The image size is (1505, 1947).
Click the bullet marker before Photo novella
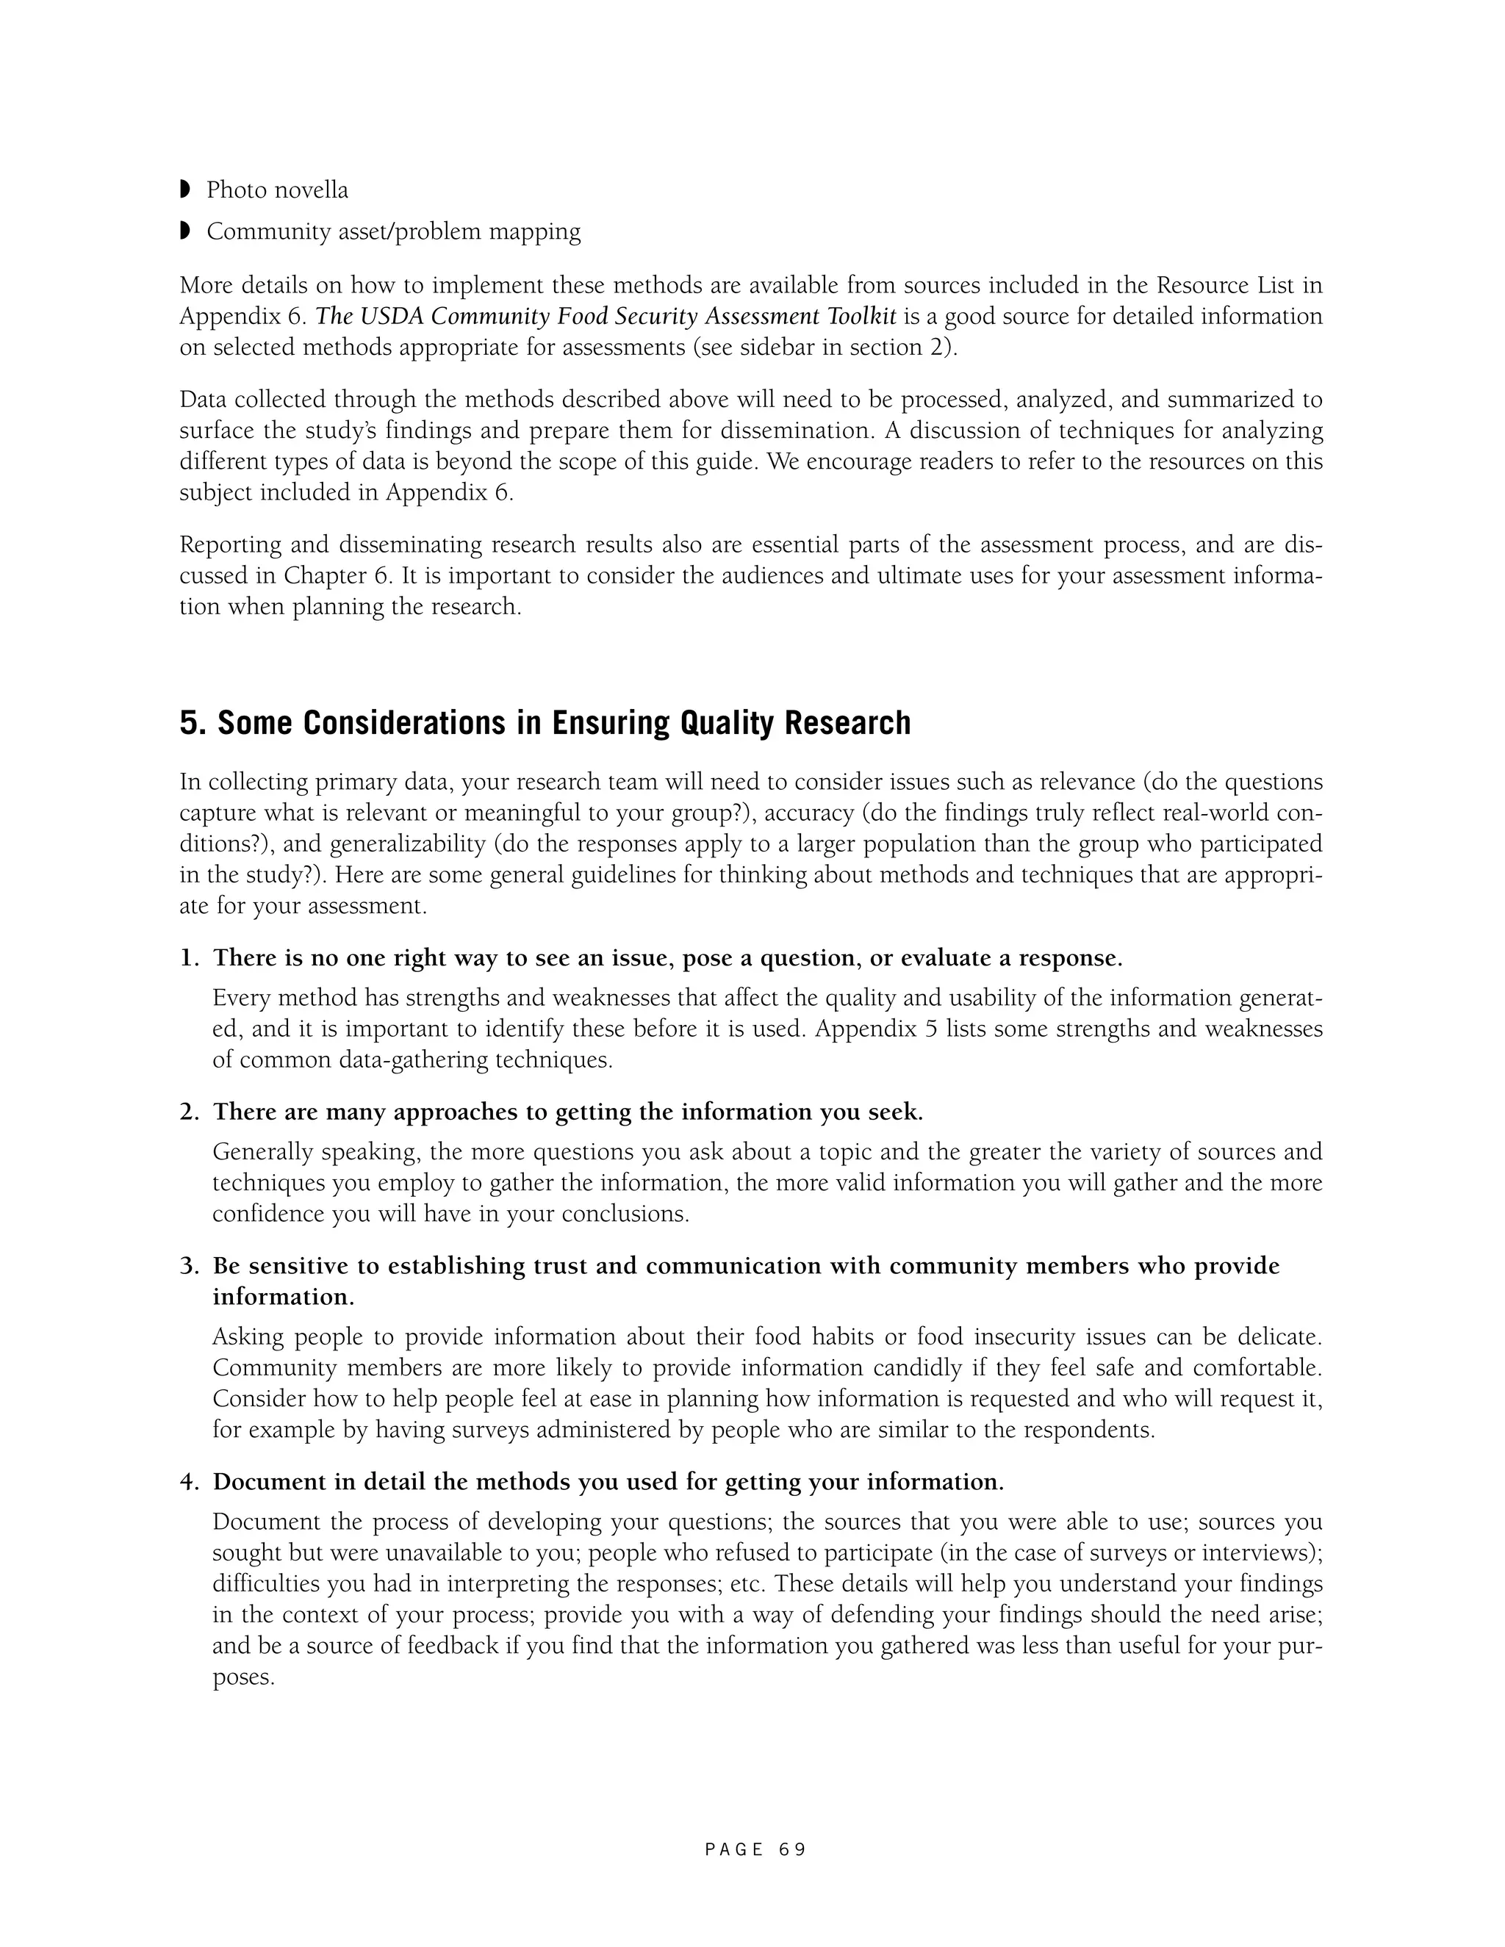pyautogui.click(x=185, y=189)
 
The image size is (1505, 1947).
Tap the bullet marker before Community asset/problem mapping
pyautogui.click(x=185, y=231)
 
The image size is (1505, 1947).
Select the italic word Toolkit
pyautogui.click(x=861, y=316)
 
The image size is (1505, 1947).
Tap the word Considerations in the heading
pyautogui.click(x=363, y=723)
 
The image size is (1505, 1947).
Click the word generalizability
pyautogui.click(x=406, y=843)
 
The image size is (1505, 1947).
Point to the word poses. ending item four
pyautogui.click(x=243, y=1677)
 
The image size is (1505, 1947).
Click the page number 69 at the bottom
pyautogui.click(x=791, y=1850)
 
